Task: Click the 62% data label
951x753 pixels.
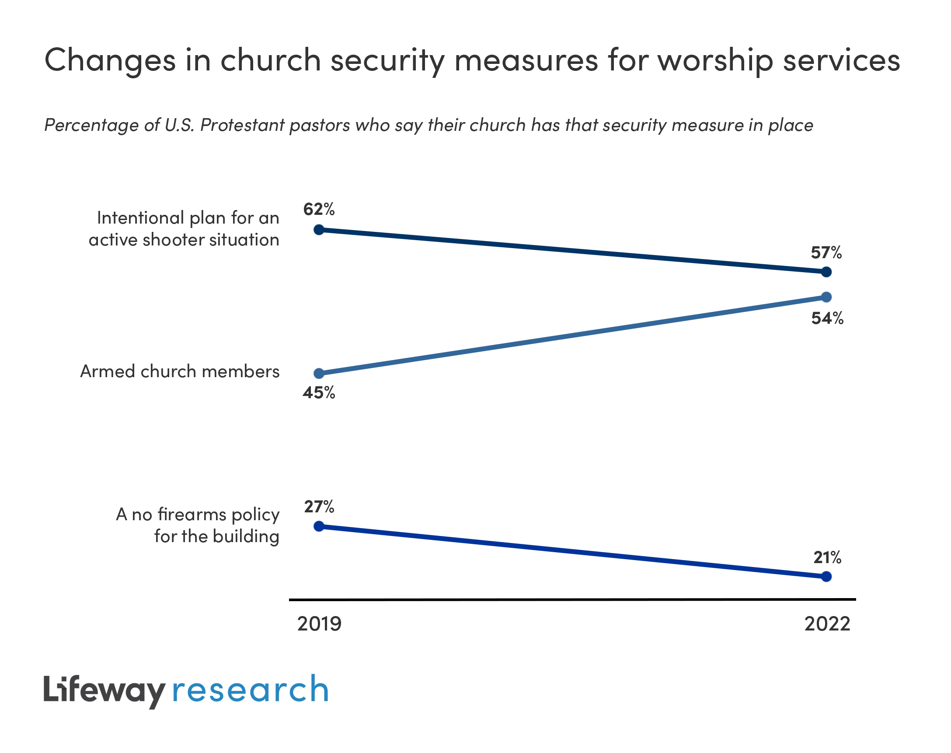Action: pos(319,210)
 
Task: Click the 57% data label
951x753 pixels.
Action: pos(826,252)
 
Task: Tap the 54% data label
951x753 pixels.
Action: pos(827,318)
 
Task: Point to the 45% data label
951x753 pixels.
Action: pos(319,392)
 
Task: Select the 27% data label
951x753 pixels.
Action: pos(319,507)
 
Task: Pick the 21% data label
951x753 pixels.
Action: pos(827,558)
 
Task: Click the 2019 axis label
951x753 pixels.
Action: pos(319,624)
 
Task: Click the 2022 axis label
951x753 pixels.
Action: pos(827,624)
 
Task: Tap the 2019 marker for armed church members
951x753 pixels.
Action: pos(319,374)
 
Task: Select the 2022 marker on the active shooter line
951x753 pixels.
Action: pos(826,272)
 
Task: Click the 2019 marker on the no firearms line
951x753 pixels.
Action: pos(319,526)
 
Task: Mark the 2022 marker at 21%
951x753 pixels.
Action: pos(826,577)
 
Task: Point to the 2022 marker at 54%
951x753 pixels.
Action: pos(826,297)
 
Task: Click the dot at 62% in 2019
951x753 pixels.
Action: pos(319,230)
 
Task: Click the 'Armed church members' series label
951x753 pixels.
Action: pos(180,371)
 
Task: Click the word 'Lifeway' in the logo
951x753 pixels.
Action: pos(104,690)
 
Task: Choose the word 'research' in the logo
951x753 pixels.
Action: pos(250,690)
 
